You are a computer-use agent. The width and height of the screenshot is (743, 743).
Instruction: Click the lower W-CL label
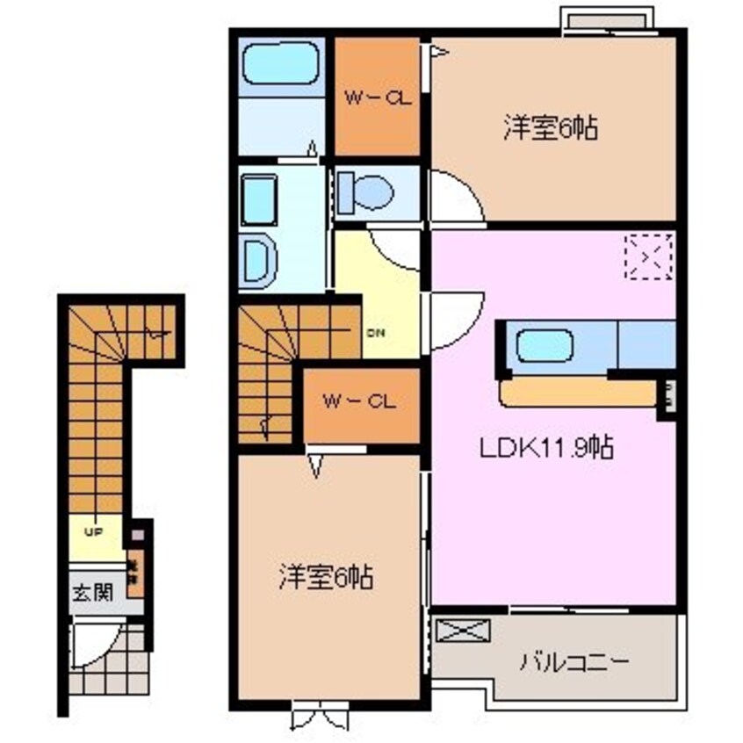pyautogui.click(x=360, y=402)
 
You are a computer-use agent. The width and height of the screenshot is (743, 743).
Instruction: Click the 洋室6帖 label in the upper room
pyautogui.click(x=551, y=129)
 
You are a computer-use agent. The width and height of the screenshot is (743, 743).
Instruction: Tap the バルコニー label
pyautogui.click(x=576, y=661)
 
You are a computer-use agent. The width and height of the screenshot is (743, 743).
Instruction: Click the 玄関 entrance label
pyautogui.click(x=92, y=592)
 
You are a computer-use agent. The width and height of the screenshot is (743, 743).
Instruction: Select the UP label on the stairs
pyautogui.click(x=92, y=531)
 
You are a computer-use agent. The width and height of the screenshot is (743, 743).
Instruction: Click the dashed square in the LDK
pyautogui.click(x=648, y=256)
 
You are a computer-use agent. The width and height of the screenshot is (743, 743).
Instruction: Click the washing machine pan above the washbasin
pyautogui.click(x=259, y=198)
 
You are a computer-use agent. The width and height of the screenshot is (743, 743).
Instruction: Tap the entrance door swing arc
pyautogui.click(x=88, y=646)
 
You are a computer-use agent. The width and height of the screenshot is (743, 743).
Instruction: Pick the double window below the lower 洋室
pyautogui.click(x=320, y=718)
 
